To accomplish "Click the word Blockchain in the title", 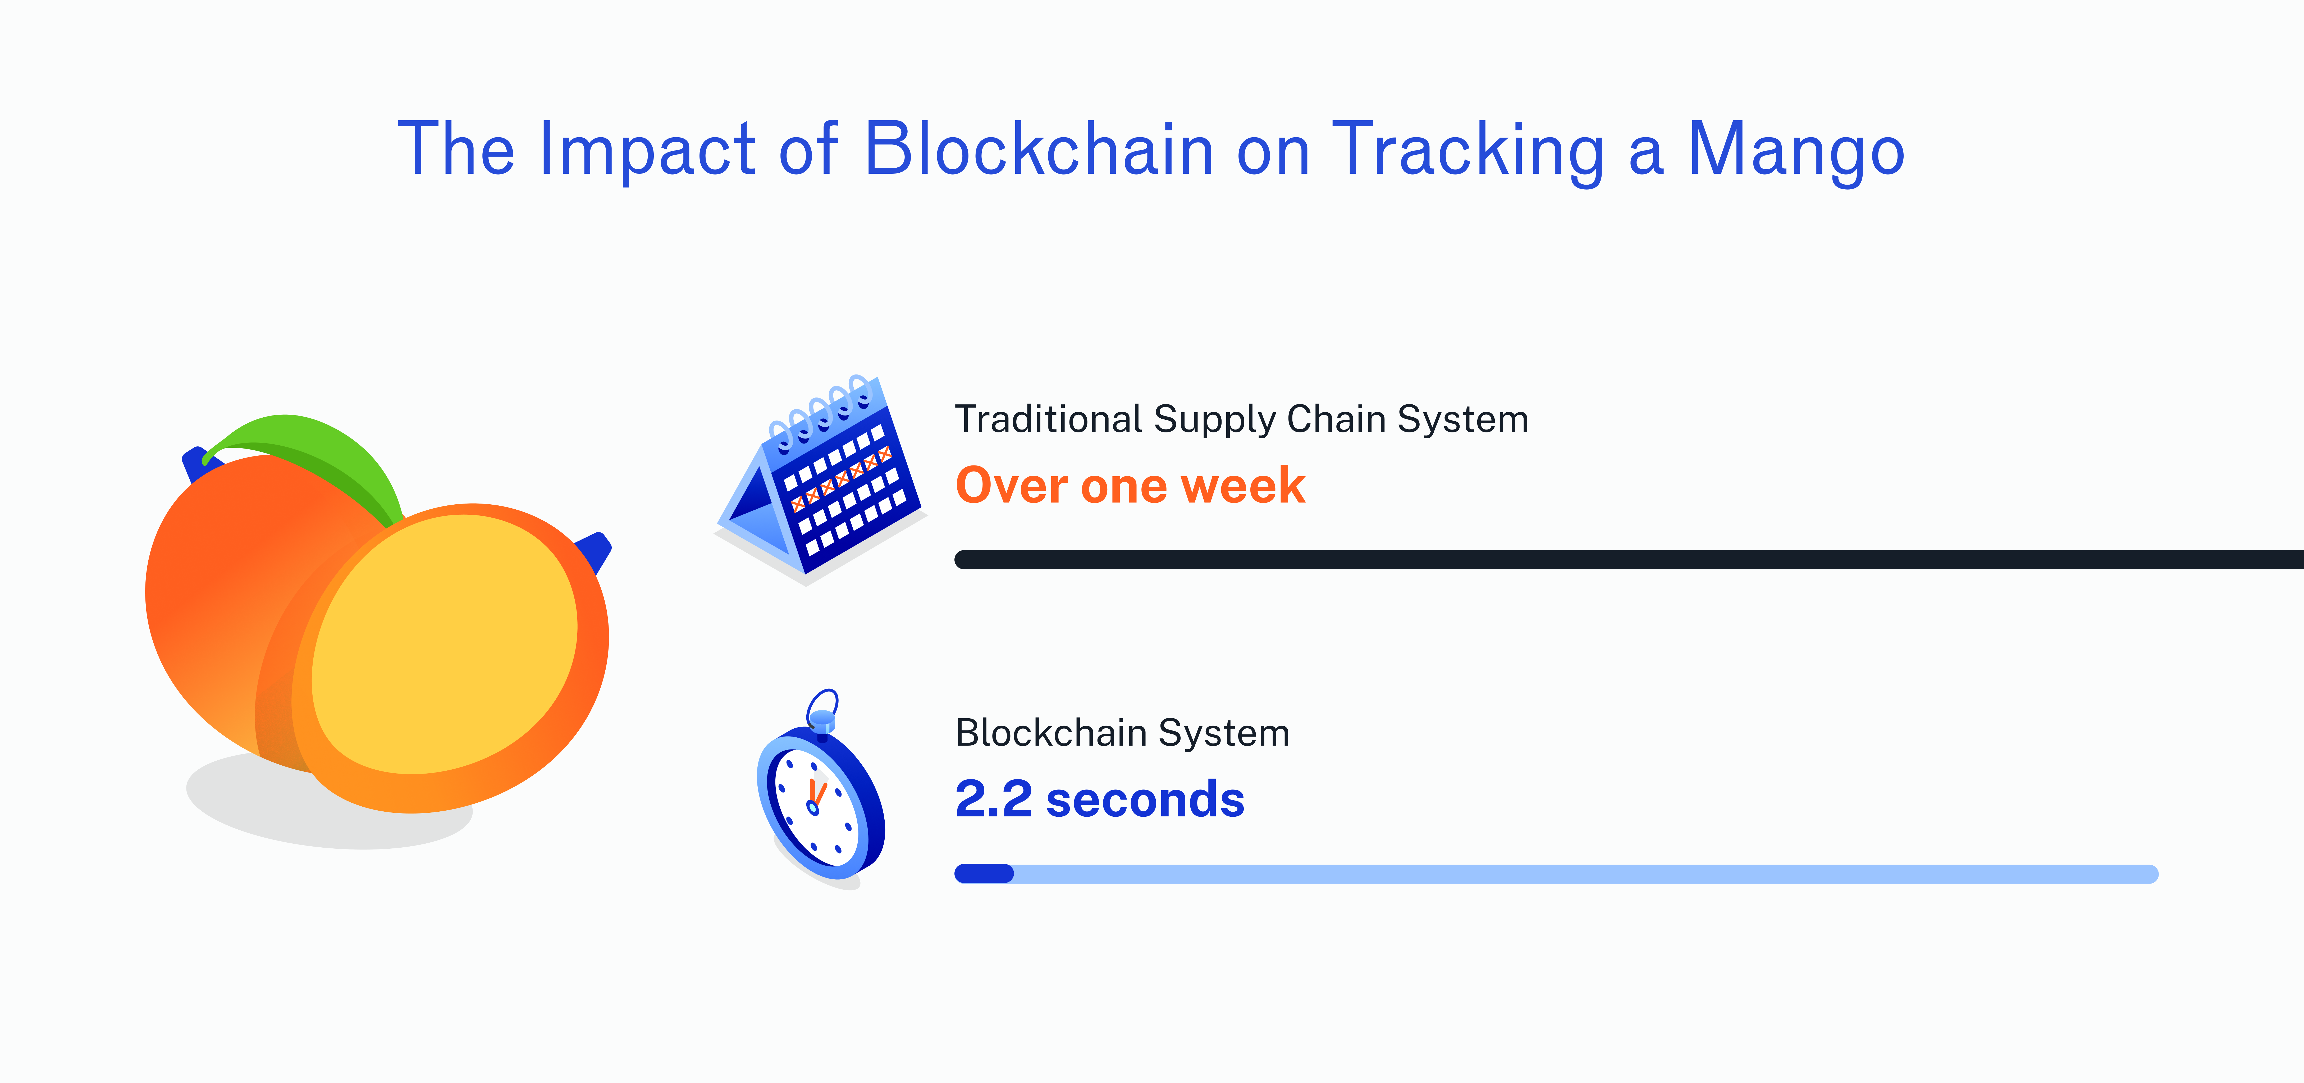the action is tap(1038, 149).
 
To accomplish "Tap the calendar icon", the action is tap(820, 480).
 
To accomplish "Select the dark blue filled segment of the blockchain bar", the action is tap(984, 874).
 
